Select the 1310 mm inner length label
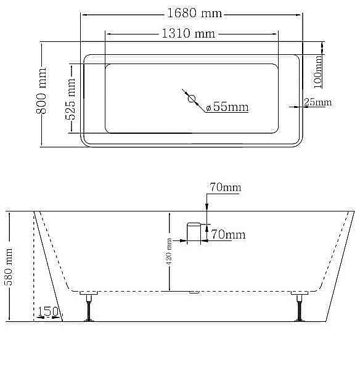[x=188, y=34]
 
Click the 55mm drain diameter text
[x=231, y=107]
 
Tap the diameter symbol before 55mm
[x=209, y=108]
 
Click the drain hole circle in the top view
[x=191, y=99]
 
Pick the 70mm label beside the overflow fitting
[x=228, y=234]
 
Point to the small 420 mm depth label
[x=170, y=252]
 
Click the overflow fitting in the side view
[x=195, y=232]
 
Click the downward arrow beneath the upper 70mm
[x=207, y=203]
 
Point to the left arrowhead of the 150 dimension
[x=38, y=318]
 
